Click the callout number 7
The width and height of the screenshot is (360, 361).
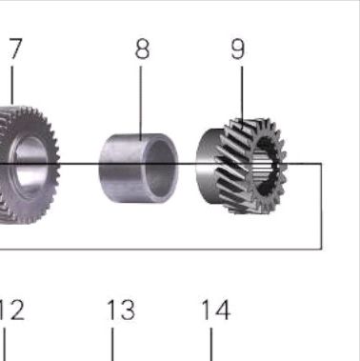[x=16, y=49]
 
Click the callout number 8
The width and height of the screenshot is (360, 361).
[x=142, y=49]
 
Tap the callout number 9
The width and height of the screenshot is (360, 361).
[x=238, y=50]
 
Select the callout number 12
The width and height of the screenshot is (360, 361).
[x=11, y=310]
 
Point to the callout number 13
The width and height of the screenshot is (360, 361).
[x=121, y=310]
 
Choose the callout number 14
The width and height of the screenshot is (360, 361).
[x=216, y=310]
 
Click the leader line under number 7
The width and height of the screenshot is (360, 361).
[x=12, y=85]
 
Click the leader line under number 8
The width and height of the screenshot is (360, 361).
[x=141, y=103]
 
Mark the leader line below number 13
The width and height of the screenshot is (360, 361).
[x=112, y=345]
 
